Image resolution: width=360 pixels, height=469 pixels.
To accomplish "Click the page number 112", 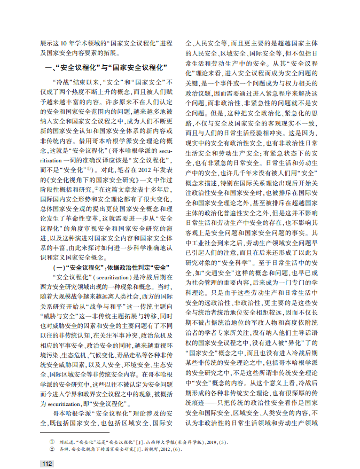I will coord(47,463).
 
